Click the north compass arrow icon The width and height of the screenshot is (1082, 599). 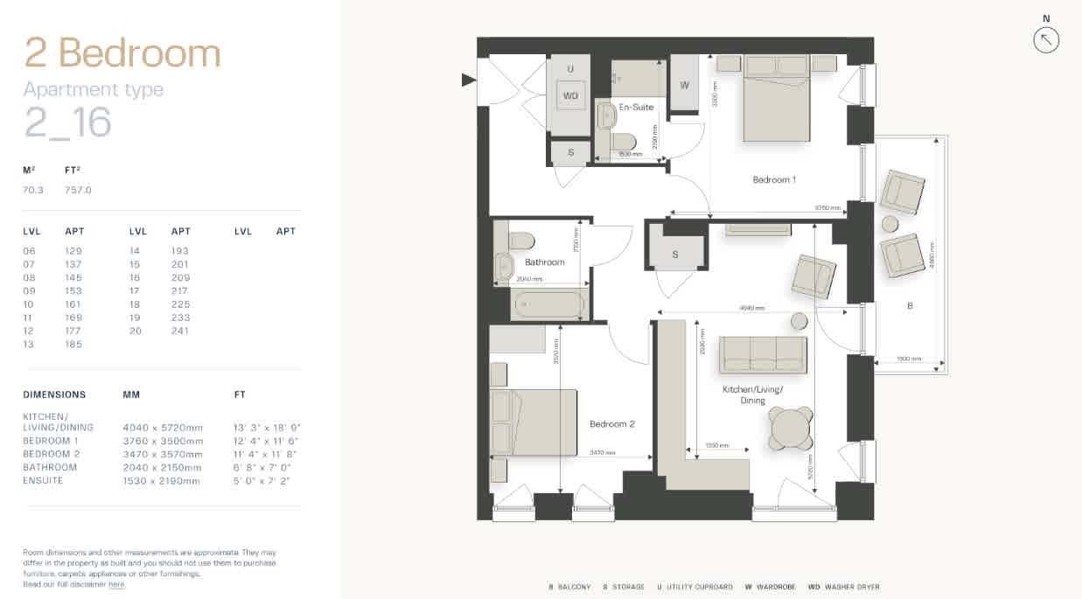pos(1046,39)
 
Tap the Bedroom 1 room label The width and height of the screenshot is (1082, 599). pos(774,180)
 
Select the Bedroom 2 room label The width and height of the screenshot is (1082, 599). pos(611,424)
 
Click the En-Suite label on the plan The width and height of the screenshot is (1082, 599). pos(636,107)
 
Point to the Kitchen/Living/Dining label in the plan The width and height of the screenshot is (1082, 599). pos(752,394)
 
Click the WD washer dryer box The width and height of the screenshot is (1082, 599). pos(570,96)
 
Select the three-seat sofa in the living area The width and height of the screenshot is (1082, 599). pos(763,354)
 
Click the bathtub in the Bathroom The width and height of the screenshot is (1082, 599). pos(548,305)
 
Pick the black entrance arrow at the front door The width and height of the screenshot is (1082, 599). pos(469,80)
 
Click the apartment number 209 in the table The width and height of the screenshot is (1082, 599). pos(180,277)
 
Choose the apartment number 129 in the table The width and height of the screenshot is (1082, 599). pos(74,251)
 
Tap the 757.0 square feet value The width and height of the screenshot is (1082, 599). pos(78,190)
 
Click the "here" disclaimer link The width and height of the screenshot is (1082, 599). pos(116,584)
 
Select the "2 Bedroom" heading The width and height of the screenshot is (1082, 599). pos(122,53)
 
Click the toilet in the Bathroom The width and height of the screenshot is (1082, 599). pos(523,241)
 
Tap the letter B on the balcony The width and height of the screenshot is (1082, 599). pos(910,306)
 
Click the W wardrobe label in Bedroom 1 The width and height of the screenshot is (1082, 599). pos(684,85)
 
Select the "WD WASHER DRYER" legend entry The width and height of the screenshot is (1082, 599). pos(843,587)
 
